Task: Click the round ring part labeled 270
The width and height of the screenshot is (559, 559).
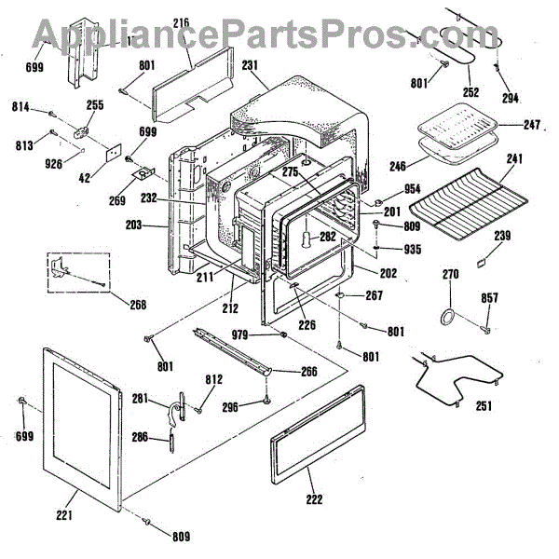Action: point(449,317)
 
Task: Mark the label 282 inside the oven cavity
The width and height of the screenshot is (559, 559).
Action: point(328,237)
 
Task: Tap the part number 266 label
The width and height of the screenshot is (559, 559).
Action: point(307,371)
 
